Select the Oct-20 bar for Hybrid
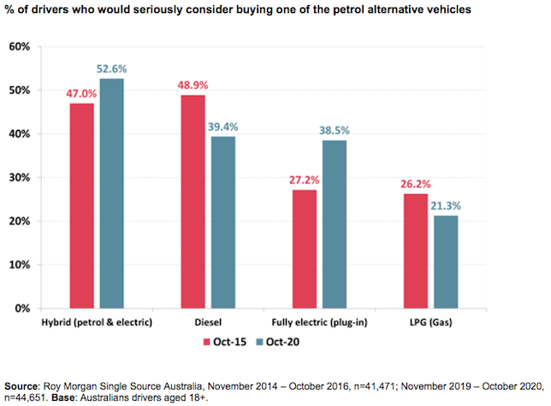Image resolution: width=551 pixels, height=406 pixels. (112, 193)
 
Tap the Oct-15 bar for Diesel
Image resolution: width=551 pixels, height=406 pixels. (193, 201)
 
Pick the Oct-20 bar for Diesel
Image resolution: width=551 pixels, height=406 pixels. (222, 221)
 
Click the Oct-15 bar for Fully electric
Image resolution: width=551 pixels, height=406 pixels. (305, 249)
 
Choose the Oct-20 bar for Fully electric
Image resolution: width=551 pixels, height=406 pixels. (334, 224)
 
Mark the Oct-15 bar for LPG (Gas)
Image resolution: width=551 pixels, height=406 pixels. (416, 250)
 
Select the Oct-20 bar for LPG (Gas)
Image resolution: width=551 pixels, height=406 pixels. (445, 262)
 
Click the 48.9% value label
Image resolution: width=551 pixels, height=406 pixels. (193, 86)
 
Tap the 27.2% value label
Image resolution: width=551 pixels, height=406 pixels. (304, 181)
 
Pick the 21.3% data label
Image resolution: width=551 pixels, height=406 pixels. (446, 207)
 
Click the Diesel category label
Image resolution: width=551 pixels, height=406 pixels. (207, 322)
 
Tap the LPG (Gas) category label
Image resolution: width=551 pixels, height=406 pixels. (430, 322)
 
